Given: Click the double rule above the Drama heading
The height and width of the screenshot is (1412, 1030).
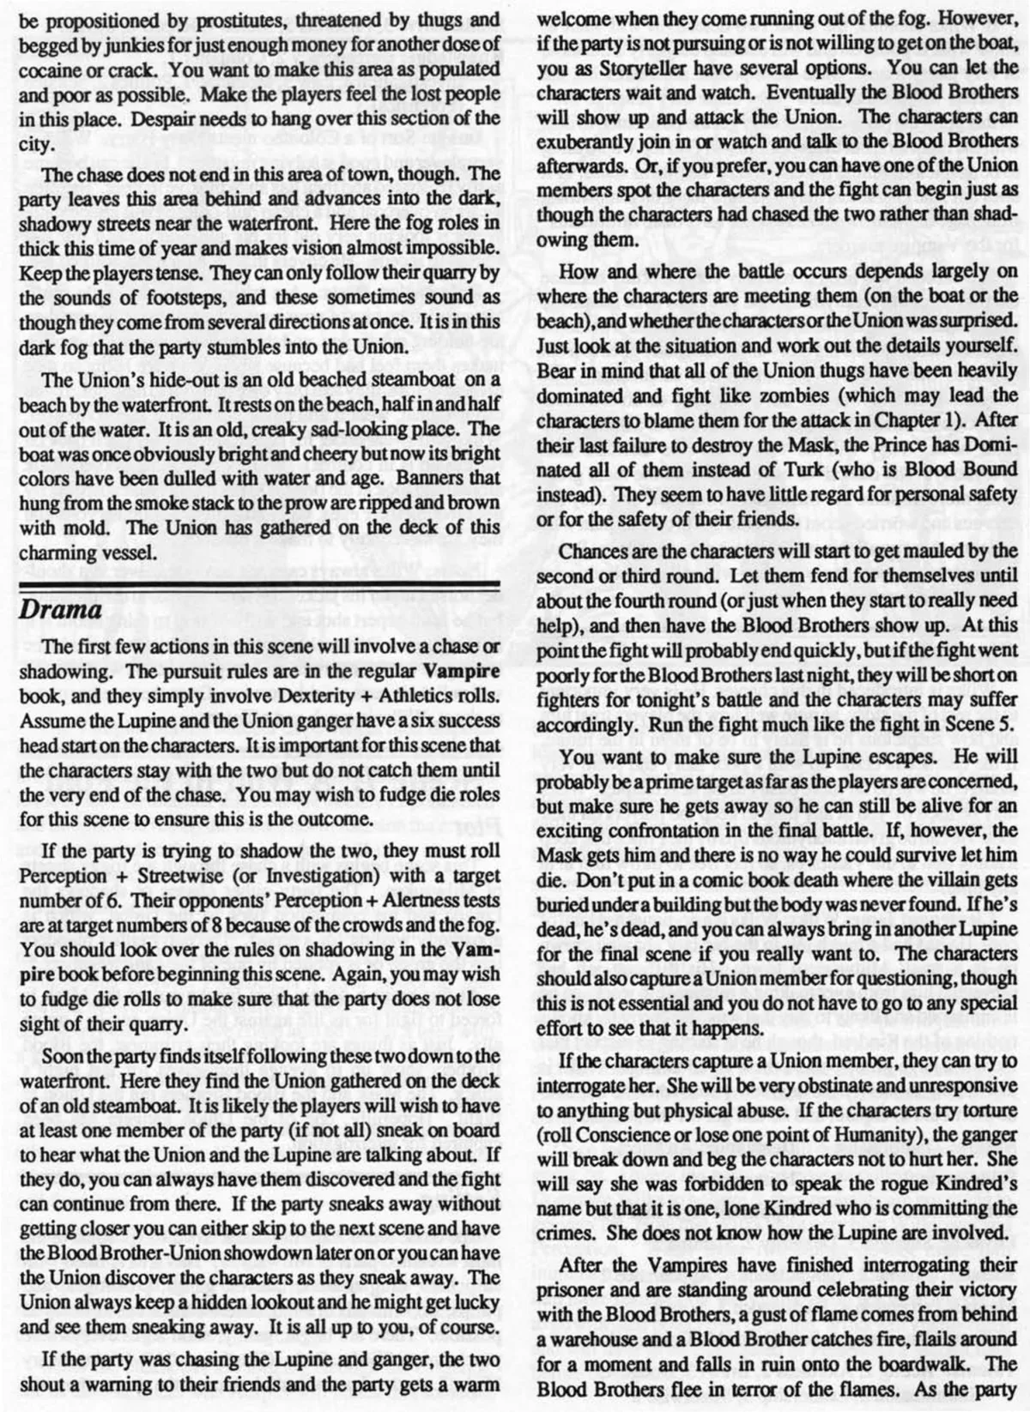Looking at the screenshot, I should (258, 587).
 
